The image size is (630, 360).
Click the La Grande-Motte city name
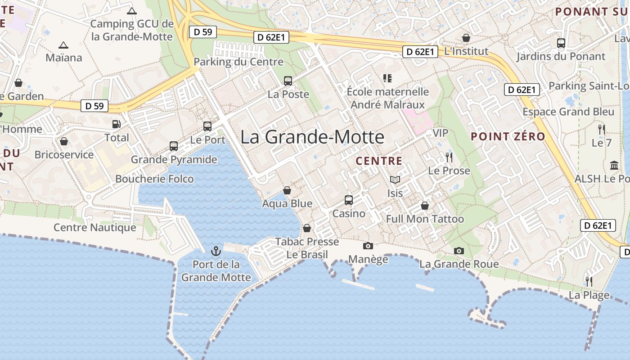click(x=312, y=137)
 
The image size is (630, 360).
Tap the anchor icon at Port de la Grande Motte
click(x=216, y=250)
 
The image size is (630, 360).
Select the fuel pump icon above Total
click(x=117, y=124)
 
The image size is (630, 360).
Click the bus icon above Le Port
click(x=207, y=126)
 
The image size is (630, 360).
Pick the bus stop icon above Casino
click(x=349, y=200)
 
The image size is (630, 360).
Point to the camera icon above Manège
click(x=368, y=246)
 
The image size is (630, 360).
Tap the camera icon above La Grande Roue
click(x=459, y=251)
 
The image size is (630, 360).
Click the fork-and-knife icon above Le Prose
click(x=449, y=157)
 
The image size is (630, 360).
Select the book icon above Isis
click(x=395, y=180)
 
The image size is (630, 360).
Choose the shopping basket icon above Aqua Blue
click(x=287, y=190)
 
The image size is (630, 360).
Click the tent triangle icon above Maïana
click(x=63, y=45)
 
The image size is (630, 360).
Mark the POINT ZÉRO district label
click(x=508, y=136)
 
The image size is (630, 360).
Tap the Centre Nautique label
click(x=95, y=227)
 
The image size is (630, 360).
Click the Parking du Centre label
click(x=238, y=62)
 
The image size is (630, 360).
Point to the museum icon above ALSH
click(x=614, y=165)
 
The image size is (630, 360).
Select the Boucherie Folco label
click(x=154, y=179)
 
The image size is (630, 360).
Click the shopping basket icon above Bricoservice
click(x=64, y=141)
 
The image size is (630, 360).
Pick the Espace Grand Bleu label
click(x=568, y=112)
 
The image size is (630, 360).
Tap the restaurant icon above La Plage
click(x=589, y=282)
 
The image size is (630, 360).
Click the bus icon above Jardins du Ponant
click(x=561, y=43)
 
